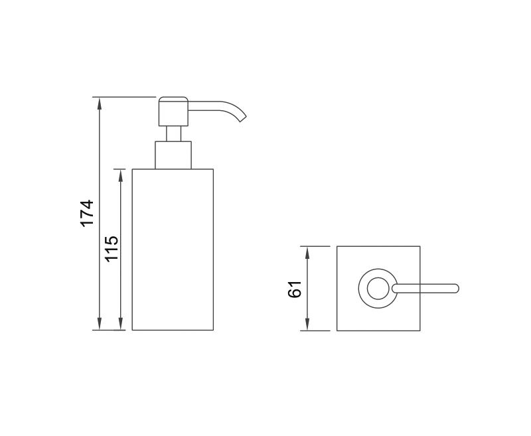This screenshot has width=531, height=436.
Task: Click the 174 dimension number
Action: click(87, 213)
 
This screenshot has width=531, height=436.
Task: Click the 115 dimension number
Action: click(112, 248)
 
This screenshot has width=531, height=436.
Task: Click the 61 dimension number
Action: click(294, 289)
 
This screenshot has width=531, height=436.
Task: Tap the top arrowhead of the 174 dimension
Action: click(99, 103)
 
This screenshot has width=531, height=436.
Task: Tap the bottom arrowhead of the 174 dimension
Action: click(99, 324)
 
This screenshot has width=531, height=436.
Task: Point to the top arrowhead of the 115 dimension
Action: click(121, 175)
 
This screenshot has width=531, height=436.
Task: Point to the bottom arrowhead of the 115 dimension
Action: click(121, 324)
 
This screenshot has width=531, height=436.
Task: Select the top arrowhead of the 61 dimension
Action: click(307, 253)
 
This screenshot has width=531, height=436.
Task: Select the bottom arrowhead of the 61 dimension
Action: click(307, 325)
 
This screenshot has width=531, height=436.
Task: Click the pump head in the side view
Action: click(173, 111)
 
